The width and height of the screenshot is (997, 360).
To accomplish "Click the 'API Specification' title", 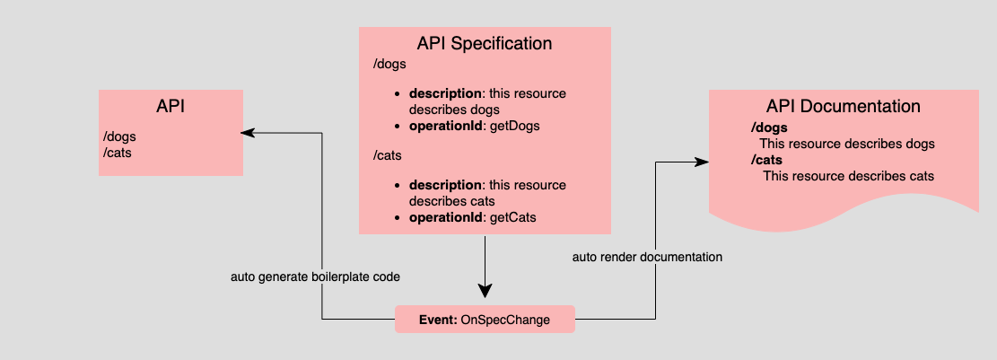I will tap(485, 43).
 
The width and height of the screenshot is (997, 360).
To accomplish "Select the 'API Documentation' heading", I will tap(844, 106).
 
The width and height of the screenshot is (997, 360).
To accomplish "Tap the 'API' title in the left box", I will tap(171, 105).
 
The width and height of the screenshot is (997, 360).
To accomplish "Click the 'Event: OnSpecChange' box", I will tap(485, 320).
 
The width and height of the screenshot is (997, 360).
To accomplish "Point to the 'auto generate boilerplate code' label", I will tap(315, 277).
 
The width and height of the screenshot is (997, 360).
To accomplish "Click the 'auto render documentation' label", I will tap(647, 257).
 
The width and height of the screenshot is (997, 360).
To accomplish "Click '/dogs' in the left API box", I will tap(120, 136).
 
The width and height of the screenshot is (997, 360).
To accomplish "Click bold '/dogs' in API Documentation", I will tap(769, 127).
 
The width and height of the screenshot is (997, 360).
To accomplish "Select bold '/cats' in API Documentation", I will tap(768, 160).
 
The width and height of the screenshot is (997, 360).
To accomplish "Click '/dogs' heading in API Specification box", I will tap(389, 65).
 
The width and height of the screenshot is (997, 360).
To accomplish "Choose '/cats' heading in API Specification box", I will tap(389, 156).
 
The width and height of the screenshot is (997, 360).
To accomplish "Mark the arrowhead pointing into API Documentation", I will tap(702, 162).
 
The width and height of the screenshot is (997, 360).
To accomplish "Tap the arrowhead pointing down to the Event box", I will tap(485, 290).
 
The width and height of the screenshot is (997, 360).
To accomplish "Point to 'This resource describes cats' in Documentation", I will tap(848, 176).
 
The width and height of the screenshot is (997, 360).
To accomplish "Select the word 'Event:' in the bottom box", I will tap(438, 320).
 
